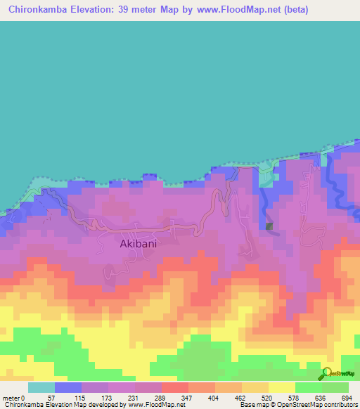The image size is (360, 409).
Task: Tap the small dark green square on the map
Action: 269,226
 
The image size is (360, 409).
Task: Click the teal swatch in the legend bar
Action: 41,388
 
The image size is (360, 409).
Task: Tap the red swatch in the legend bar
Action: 175,388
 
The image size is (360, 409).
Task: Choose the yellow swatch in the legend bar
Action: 282,388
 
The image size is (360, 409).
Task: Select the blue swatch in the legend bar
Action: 68,388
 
